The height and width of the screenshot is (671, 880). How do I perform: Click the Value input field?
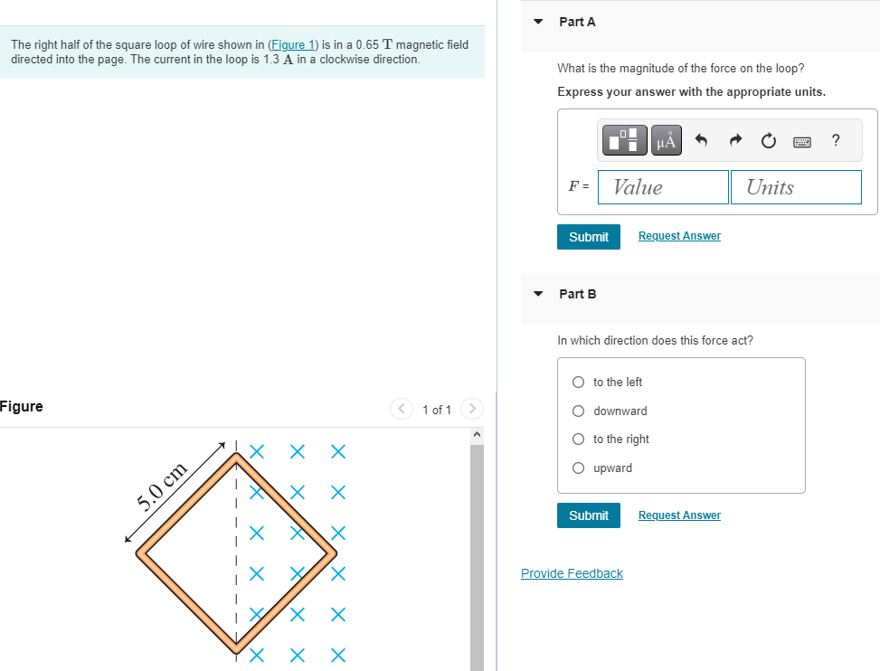pyautogui.click(x=663, y=187)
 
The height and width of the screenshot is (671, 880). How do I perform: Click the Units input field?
pyautogui.click(x=796, y=187)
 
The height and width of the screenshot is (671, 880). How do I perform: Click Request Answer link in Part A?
pyautogui.click(x=679, y=236)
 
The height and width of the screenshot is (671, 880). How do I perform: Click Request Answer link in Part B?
pyautogui.click(x=679, y=515)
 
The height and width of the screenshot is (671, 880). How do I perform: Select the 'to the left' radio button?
pyautogui.click(x=578, y=382)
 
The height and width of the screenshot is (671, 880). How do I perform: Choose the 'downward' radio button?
pyautogui.click(x=578, y=411)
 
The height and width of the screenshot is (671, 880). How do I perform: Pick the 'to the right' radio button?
pyautogui.click(x=578, y=439)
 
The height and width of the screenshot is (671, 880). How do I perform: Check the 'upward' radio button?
pyautogui.click(x=578, y=468)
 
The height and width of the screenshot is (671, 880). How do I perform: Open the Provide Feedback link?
pyautogui.click(x=572, y=573)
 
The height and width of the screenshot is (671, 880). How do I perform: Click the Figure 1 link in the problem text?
pyautogui.click(x=292, y=45)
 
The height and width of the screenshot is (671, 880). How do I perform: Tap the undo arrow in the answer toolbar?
pyautogui.click(x=701, y=139)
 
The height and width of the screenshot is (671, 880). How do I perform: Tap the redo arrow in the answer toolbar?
pyautogui.click(x=735, y=139)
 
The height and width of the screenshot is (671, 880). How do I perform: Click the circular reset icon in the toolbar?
pyautogui.click(x=769, y=140)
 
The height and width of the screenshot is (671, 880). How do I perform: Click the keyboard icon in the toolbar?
pyautogui.click(x=802, y=142)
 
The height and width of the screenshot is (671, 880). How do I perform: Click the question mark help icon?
pyautogui.click(x=836, y=139)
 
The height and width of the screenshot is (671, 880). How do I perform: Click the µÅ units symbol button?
pyautogui.click(x=667, y=140)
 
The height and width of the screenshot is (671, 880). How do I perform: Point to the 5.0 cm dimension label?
pyautogui.click(x=162, y=487)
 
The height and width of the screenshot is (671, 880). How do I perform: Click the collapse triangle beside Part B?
pyautogui.click(x=538, y=294)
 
